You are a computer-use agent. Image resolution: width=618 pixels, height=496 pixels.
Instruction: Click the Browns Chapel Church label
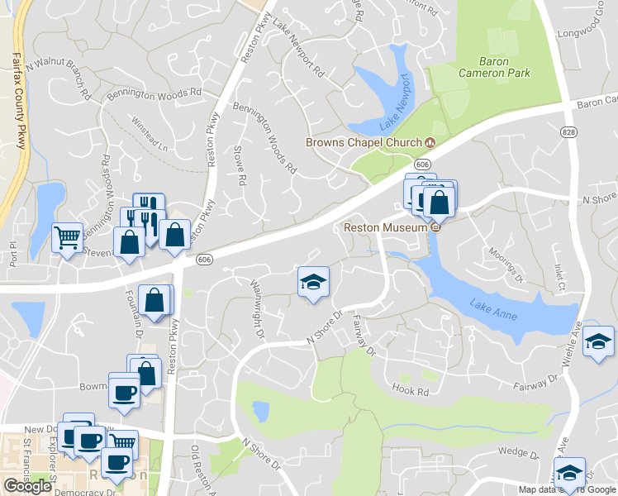(x=364, y=142)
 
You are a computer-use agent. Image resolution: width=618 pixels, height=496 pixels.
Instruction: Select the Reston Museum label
(x=385, y=227)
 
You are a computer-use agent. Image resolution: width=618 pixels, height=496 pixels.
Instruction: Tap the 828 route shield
(x=568, y=132)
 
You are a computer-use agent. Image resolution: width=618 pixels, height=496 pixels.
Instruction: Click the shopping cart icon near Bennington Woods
(x=67, y=238)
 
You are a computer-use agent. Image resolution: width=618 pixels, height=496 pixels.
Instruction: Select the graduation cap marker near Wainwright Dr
(x=313, y=282)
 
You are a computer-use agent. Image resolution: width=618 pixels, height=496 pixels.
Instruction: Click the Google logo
(x=27, y=486)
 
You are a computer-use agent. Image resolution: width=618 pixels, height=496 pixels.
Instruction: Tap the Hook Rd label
(x=412, y=389)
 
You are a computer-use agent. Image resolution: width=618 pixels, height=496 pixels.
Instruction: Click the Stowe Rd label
(x=241, y=163)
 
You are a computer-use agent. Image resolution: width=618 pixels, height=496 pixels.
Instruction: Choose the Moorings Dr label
(x=506, y=265)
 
